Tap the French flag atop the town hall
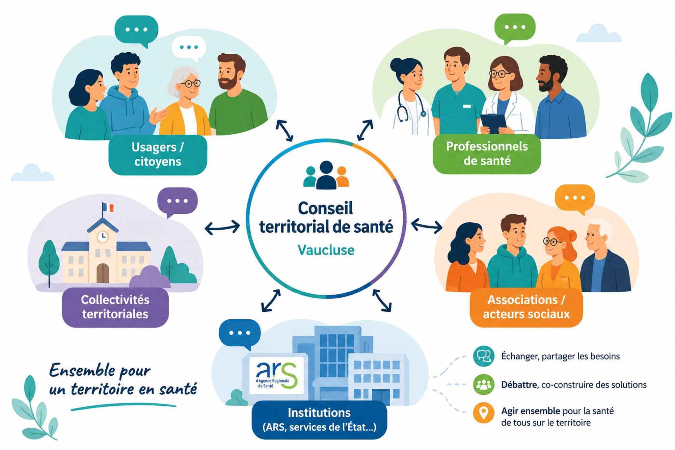coord(108,207)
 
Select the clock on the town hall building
coord(103,236)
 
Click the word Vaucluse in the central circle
coord(326,250)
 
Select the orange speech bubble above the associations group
coord(575,199)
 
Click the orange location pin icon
coord(484,413)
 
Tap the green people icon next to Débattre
coord(484,384)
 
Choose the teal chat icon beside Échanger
coord(484,356)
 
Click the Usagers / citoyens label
coord(158,155)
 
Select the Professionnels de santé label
coord(487,154)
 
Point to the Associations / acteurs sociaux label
coord(526,307)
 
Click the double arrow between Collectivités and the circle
coord(222,228)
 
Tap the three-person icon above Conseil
coord(326,175)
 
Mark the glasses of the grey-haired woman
coord(190,83)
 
